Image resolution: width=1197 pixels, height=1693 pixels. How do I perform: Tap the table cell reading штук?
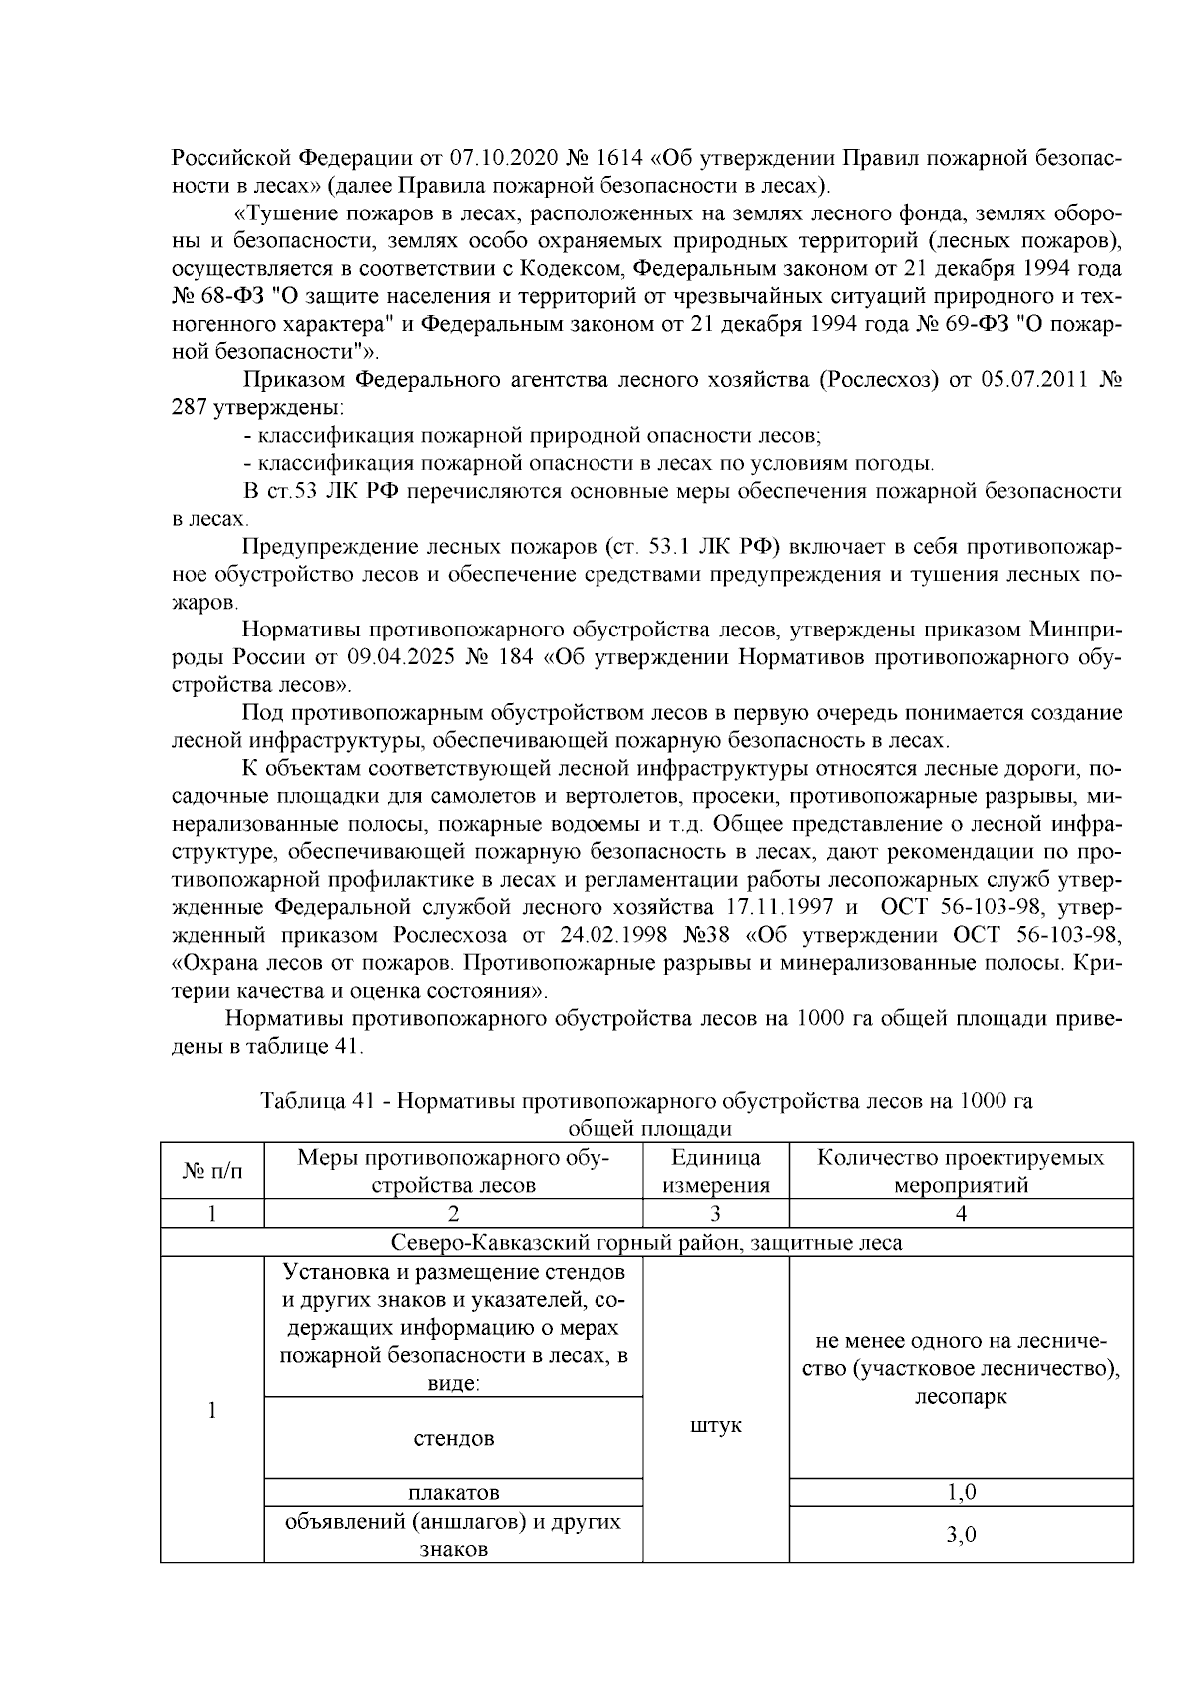715,1425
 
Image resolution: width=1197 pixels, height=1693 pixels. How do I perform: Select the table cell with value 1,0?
961,1492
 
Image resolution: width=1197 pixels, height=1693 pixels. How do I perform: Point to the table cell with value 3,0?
961,1534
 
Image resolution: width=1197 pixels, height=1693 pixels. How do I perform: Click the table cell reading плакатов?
454,1492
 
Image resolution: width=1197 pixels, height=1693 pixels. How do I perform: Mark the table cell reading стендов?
454,1438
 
